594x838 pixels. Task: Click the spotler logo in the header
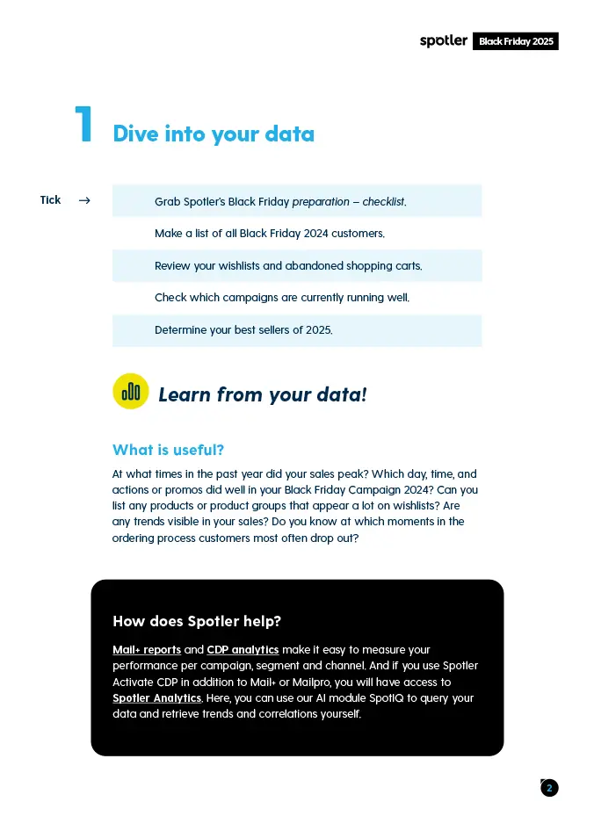(x=443, y=41)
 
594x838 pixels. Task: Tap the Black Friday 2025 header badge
(x=516, y=41)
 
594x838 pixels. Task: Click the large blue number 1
(x=83, y=126)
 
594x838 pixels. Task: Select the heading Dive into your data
(x=214, y=134)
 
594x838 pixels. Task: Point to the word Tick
(x=50, y=200)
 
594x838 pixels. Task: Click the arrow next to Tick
(x=84, y=200)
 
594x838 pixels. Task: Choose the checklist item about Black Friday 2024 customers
(x=270, y=234)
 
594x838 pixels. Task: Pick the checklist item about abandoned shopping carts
(x=288, y=265)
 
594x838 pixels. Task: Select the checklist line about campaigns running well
(x=282, y=298)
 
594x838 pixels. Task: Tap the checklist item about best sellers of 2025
(x=243, y=330)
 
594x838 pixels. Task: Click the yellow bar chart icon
(x=131, y=392)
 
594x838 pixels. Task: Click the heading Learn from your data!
(x=262, y=395)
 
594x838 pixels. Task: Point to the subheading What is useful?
(x=168, y=451)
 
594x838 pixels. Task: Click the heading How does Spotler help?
(x=197, y=622)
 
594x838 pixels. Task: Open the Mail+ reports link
(x=147, y=650)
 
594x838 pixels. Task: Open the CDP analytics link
(x=243, y=650)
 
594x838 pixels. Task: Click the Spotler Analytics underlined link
(x=157, y=698)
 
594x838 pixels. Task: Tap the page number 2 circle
(x=549, y=788)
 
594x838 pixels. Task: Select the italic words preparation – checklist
(x=349, y=202)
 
